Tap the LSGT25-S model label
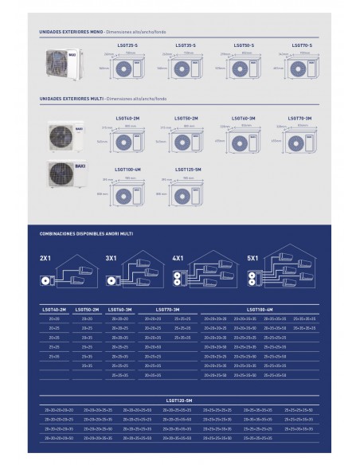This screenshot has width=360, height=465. pos(127,45)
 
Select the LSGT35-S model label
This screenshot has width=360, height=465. pos(185,45)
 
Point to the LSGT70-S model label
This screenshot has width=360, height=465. pos(301,45)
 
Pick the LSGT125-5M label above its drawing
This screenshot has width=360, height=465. pos(188,170)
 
